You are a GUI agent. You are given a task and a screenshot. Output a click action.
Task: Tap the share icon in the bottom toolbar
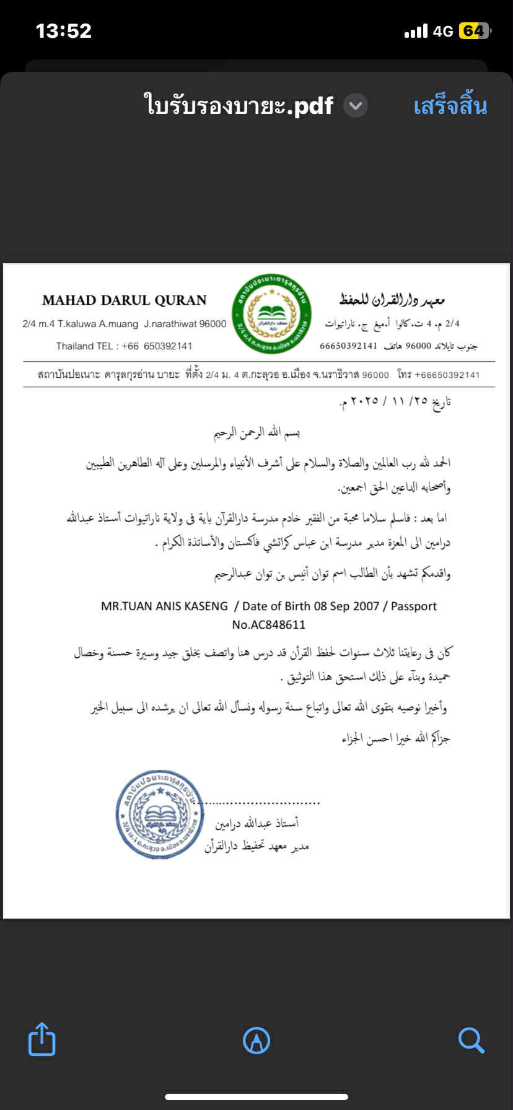tap(42, 1039)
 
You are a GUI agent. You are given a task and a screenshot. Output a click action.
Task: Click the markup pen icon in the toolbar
tap(256, 1040)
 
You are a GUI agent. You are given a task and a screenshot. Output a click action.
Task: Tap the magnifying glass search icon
tap(471, 1040)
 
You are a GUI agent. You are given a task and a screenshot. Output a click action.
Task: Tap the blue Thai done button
tap(450, 106)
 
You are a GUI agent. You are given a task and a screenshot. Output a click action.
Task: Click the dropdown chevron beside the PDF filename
tap(356, 106)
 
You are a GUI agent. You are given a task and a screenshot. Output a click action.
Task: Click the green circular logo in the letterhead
tap(271, 314)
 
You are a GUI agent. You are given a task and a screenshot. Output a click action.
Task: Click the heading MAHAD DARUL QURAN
tap(124, 300)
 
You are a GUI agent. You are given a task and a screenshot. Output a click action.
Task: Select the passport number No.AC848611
tap(268, 624)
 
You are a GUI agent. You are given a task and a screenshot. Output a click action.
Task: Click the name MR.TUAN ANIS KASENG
tap(164, 606)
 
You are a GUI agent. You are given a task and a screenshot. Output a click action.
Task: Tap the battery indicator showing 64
tap(474, 31)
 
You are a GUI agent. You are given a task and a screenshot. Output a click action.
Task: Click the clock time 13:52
tap(64, 31)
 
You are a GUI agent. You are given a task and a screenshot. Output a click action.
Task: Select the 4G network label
tap(443, 31)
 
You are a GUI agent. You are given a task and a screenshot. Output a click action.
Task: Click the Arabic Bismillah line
tap(256, 432)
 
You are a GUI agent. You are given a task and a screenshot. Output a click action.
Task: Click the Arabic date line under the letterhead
tap(395, 401)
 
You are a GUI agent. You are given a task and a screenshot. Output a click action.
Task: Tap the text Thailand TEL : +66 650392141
tap(124, 346)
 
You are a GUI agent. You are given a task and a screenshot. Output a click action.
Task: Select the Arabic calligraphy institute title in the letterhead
tap(392, 300)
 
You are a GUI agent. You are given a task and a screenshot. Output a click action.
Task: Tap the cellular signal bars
tap(416, 31)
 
